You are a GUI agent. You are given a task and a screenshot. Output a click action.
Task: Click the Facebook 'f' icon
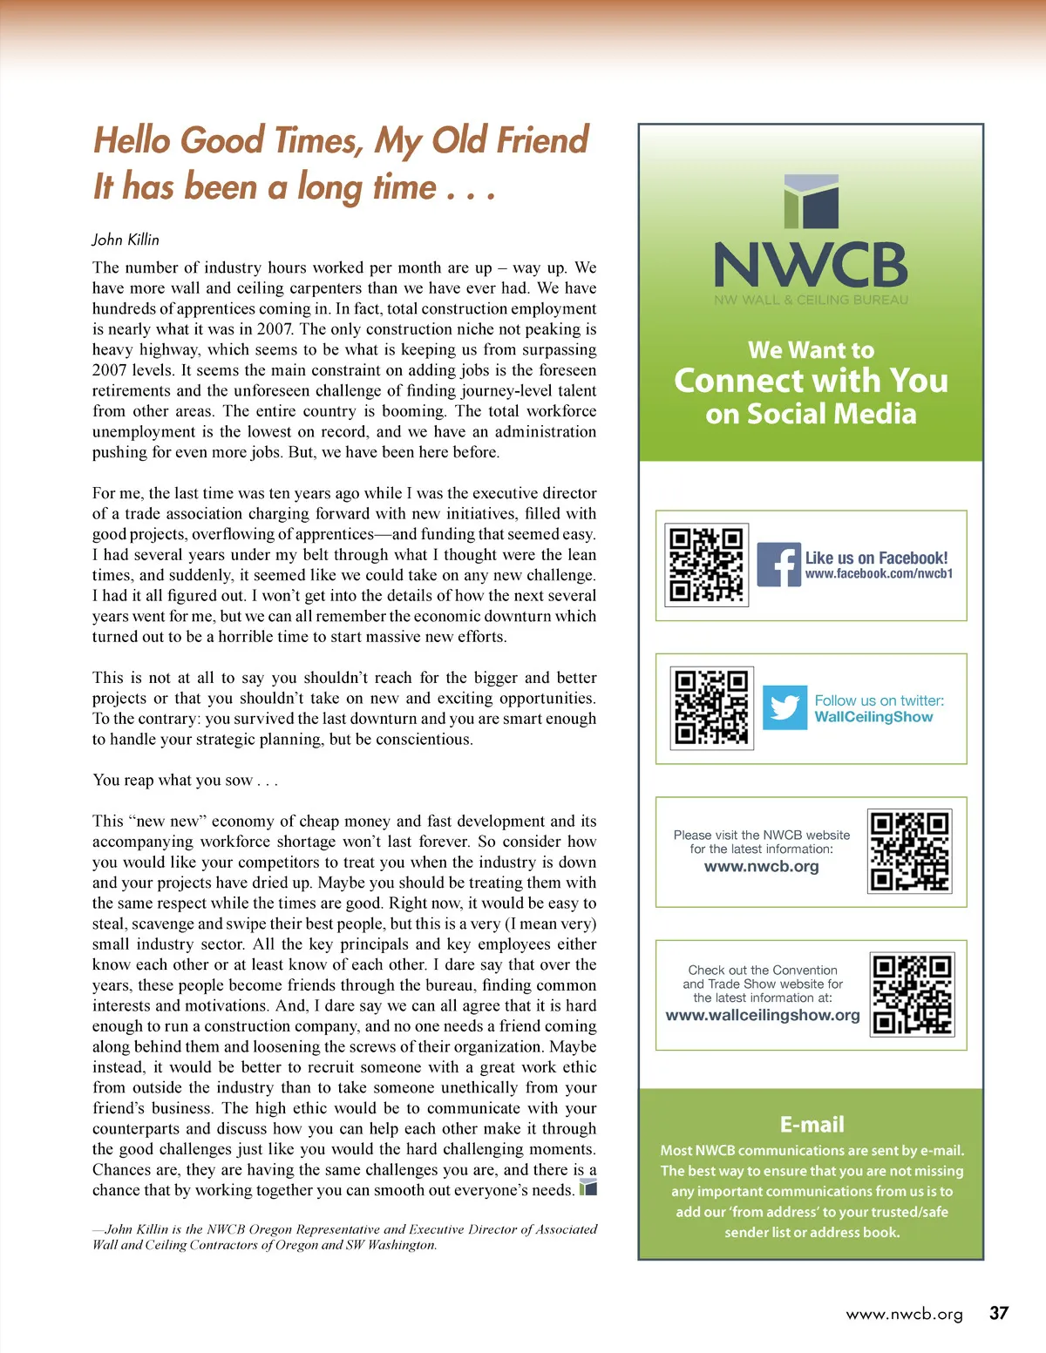[778, 565]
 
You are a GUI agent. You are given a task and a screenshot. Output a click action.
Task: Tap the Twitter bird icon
[784, 707]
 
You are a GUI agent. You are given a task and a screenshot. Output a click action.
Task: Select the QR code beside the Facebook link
[706, 565]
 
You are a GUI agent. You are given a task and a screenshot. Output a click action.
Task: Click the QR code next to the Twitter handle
[711, 707]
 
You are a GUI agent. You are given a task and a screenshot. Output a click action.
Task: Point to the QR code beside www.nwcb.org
[910, 851]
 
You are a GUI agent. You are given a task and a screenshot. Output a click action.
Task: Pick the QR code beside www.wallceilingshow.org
[913, 994]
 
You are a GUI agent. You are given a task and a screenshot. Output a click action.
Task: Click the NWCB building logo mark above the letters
[811, 202]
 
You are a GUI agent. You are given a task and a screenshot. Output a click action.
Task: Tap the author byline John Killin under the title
[126, 240]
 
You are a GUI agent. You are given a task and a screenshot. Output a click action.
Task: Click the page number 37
[999, 1313]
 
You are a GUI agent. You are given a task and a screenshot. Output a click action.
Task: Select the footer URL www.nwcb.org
[904, 1314]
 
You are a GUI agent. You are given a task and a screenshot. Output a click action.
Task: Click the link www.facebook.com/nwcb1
[879, 574]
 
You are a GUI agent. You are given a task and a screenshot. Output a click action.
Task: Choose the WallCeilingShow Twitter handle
[873, 717]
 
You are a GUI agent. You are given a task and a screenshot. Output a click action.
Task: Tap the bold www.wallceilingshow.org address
[763, 1015]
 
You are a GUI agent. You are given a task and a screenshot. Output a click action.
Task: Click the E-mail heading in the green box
[812, 1124]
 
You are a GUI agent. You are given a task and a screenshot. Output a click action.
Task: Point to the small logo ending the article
[588, 1187]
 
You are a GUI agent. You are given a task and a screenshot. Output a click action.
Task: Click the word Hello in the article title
[133, 141]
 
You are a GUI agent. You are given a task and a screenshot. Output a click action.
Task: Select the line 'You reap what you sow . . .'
[185, 780]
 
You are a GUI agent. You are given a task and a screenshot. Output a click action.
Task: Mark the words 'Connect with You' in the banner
[811, 381]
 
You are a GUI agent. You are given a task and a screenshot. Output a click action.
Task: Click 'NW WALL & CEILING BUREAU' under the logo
[811, 300]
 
